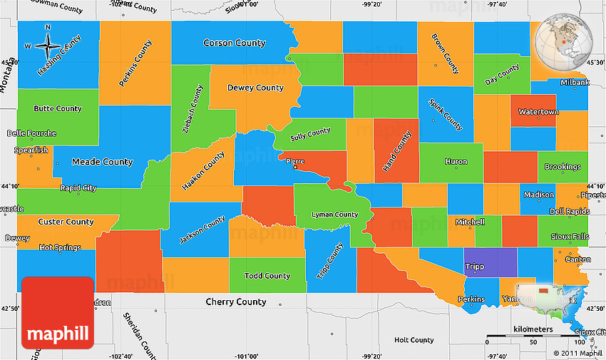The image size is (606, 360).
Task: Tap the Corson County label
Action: pos(235,43)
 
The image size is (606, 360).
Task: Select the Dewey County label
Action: pos(255,88)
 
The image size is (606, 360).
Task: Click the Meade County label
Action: pos(103,162)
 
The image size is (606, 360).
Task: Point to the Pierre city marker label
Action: pos(294,161)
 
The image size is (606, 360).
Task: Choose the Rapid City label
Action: pos(78,188)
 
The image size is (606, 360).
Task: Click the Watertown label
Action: pos(538,112)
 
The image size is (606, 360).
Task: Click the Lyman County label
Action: pos(335,214)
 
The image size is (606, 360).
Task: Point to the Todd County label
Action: pos(267,276)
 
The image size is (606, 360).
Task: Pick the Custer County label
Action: pos(66,222)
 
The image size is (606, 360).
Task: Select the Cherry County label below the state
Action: pos(235,302)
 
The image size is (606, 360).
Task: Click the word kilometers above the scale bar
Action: pos(533,329)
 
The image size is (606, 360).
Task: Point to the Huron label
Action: pos(456,162)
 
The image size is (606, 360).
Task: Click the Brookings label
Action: pos(563,167)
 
